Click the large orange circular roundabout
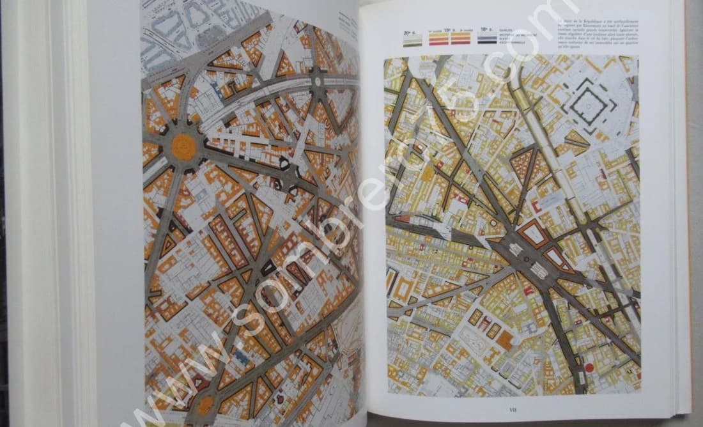coord(184,147)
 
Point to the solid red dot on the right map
coord(589,368)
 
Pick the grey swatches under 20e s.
coord(412,40)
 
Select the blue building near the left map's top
coord(219,91)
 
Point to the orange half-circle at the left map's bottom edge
coord(205,404)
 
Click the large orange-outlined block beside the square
coord(532,234)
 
